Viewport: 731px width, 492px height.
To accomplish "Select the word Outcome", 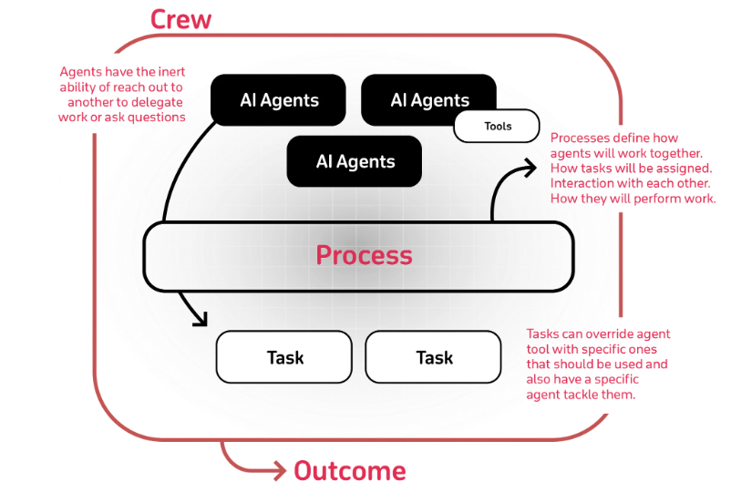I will tap(349, 471).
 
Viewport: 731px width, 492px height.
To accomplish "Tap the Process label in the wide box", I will tap(364, 255).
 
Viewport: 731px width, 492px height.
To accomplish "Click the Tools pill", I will tap(497, 127).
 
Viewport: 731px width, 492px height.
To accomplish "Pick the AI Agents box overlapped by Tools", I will tap(429, 100).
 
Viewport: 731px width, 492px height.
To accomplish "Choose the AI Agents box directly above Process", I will tap(355, 162).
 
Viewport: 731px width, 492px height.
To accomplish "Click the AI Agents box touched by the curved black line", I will tap(279, 100).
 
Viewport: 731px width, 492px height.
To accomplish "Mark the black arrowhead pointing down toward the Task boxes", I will tap(200, 319).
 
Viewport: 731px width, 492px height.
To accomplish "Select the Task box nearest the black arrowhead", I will tap(283, 357).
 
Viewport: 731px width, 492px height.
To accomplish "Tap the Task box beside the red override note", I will tap(433, 357).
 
